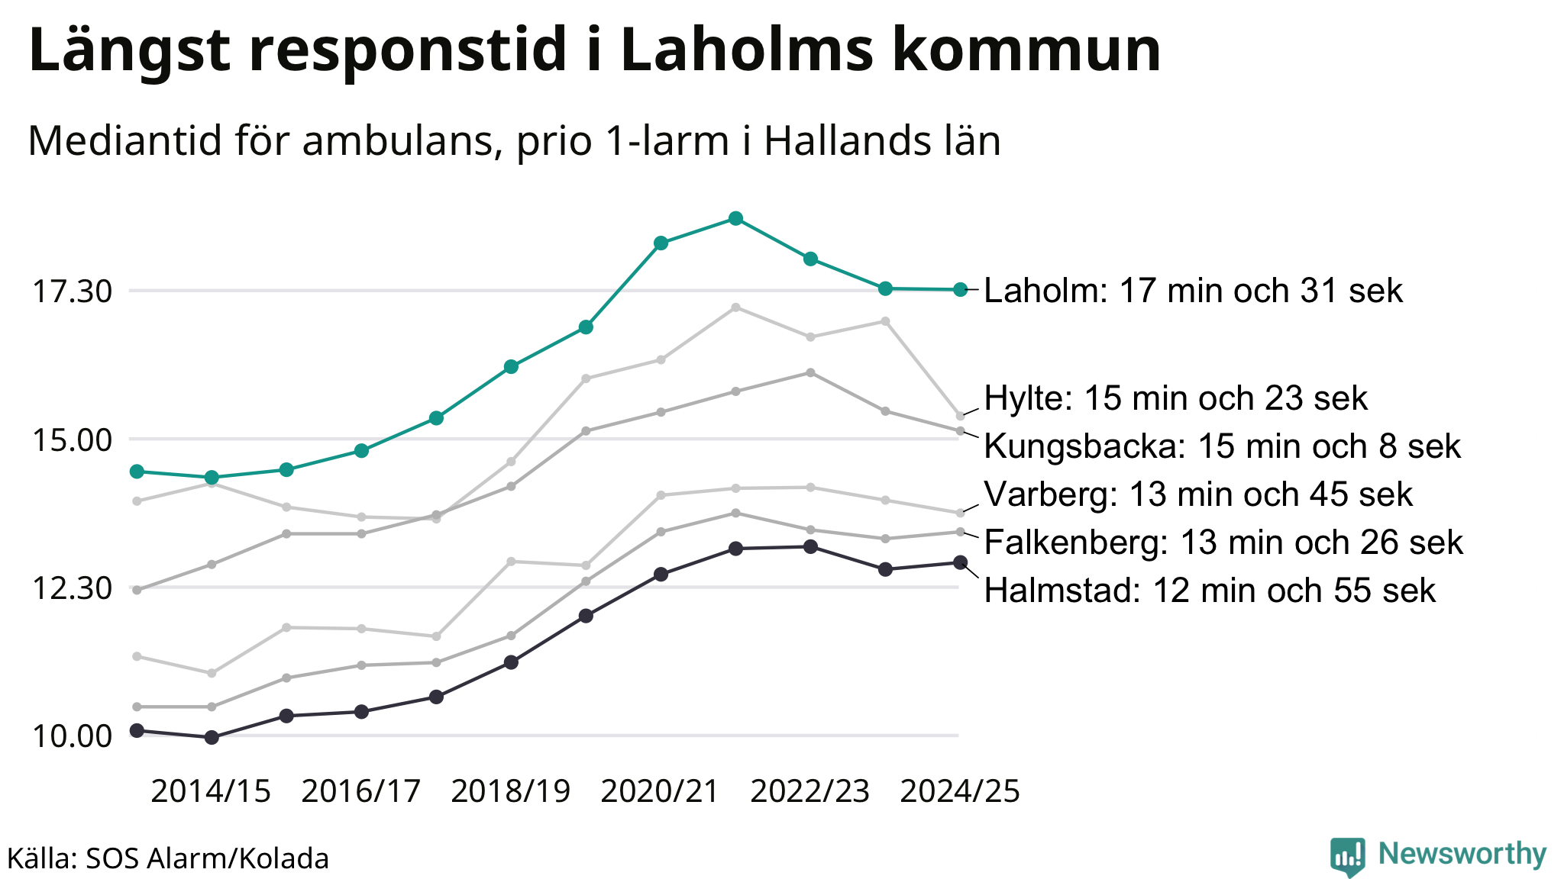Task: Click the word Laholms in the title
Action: [747, 50]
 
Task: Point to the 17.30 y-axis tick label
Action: [71, 291]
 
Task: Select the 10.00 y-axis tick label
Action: [71, 737]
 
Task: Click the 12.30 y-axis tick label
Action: [71, 588]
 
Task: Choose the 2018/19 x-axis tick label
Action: [511, 792]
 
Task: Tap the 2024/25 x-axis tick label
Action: [960, 792]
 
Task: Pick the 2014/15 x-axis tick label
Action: [211, 792]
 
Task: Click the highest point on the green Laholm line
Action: [735, 219]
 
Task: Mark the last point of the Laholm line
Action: [961, 290]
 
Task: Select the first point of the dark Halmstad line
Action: [137, 731]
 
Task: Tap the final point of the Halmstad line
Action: [961, 563]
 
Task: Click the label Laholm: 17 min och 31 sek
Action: [1193, 291]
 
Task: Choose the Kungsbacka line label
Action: [1222, 447]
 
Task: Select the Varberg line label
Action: [1198, 495]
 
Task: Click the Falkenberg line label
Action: [1223, 543]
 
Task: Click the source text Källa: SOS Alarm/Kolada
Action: [169, 859]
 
